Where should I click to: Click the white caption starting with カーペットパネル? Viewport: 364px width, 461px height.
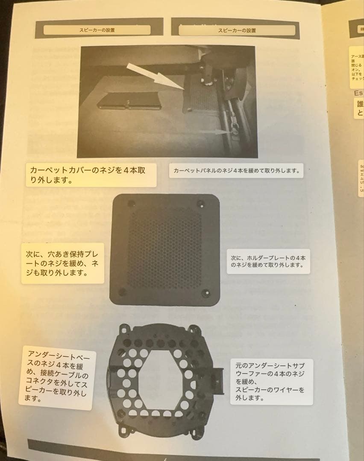click(x=236, y=171)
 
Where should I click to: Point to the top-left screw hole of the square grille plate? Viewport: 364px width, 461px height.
click(x=131, y=204)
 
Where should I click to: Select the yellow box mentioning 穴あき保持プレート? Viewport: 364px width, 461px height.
click(x=62, y=263)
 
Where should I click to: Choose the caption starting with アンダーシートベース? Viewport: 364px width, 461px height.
click(x=57, y=377)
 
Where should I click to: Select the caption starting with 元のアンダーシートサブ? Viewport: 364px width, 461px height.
click(x=271, y=382)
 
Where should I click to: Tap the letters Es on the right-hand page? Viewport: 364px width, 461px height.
click(x=358, y=92)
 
